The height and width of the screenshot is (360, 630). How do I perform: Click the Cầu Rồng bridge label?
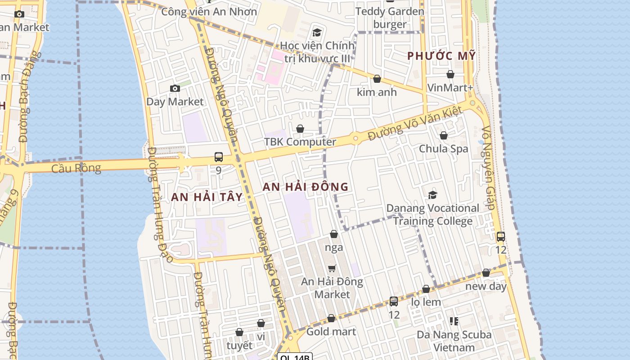point(76,168)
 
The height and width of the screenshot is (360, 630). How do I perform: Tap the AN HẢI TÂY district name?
point(207,197)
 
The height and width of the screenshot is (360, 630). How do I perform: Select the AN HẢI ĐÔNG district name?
point(306,187)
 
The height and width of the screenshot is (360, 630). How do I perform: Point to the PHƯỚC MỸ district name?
point(441,56)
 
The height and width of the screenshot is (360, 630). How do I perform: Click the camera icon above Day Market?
point(175,89)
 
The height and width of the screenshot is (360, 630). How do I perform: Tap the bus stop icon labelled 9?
point(219,157)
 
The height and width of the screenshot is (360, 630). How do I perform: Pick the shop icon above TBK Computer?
point(300,129)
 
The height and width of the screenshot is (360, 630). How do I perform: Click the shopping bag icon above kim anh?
point(377,79)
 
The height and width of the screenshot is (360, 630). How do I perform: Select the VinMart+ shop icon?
point(450,74)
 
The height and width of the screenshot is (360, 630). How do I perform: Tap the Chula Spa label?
point(443,148)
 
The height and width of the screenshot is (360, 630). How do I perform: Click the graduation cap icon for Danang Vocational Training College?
point(432,195)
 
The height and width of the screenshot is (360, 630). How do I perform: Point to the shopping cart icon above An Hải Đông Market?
point(332,268)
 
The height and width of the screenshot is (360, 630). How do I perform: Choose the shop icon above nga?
point(334,234)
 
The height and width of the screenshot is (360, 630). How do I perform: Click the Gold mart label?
point(331,332)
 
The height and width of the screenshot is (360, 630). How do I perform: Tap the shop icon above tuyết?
point(239,332)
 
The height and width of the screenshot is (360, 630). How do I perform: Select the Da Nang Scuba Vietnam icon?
point(454,321)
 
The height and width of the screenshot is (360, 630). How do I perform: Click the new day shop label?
point(486,286)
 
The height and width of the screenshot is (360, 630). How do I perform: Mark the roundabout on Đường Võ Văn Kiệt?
point(355,138)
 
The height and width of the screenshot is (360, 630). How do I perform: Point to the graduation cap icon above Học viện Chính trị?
point(317,32)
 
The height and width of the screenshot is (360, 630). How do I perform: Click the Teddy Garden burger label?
point(390,18)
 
